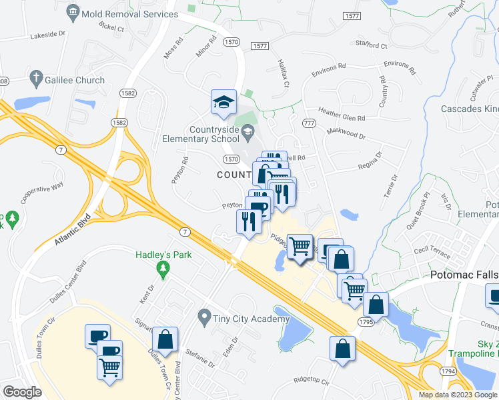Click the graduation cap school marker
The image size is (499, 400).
pyautogui.click(x=223, y=102)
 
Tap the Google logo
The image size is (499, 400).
pyautogui.click(x=22, y=392)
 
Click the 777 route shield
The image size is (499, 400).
pyautogui.click(x=308, y=123)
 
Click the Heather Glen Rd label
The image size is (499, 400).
pyautogui.click(x=342, y=115)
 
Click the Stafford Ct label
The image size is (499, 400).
pyautogui.click(x=372, y=45)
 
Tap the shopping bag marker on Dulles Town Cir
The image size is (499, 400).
pyautogui.click(x=165, y=340)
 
